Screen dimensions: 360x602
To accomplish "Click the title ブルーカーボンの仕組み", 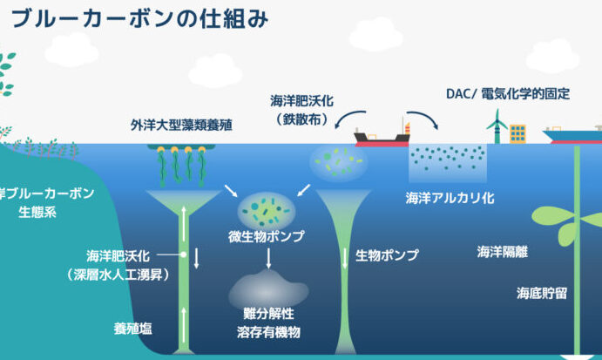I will click(139, 17).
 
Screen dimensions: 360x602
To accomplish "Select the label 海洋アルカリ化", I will click(450, 198).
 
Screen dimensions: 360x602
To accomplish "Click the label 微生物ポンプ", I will click(267, 237).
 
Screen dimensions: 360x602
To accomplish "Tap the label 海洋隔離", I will click(504, 253).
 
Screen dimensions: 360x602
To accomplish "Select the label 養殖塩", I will click(133, 328).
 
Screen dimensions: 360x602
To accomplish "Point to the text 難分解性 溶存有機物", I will click(267, 322).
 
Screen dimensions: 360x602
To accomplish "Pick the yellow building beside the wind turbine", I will click(518, 133).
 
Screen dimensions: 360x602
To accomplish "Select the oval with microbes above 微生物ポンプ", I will click(265, 209).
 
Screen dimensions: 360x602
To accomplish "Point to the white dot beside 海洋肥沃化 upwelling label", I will click(183, 255).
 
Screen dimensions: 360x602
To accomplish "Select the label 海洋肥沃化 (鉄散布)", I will click(298, 111).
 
